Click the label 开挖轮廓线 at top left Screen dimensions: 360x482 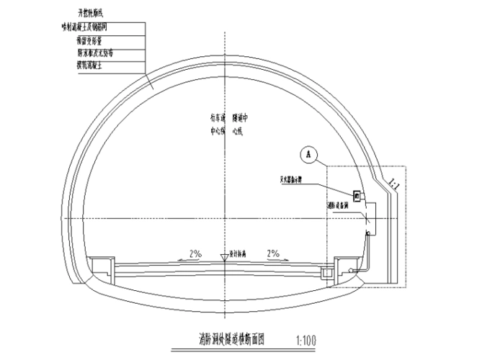point(96,13)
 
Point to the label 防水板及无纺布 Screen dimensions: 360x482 point(96,53)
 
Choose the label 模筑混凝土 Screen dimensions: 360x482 point(93,66)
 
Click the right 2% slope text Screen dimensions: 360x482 point(272,253)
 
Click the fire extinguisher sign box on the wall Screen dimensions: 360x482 point(356,194)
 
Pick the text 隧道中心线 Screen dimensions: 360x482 point(240,124)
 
